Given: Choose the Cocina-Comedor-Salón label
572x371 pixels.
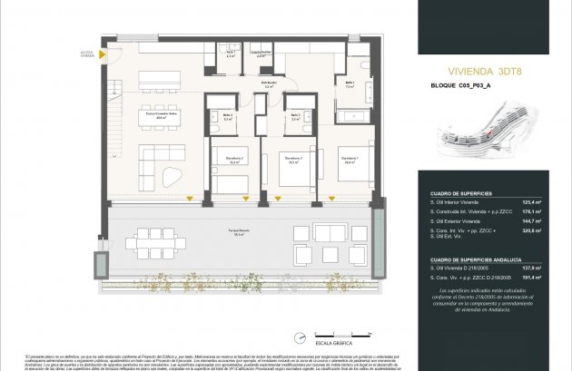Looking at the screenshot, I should (x=161, y=115).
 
